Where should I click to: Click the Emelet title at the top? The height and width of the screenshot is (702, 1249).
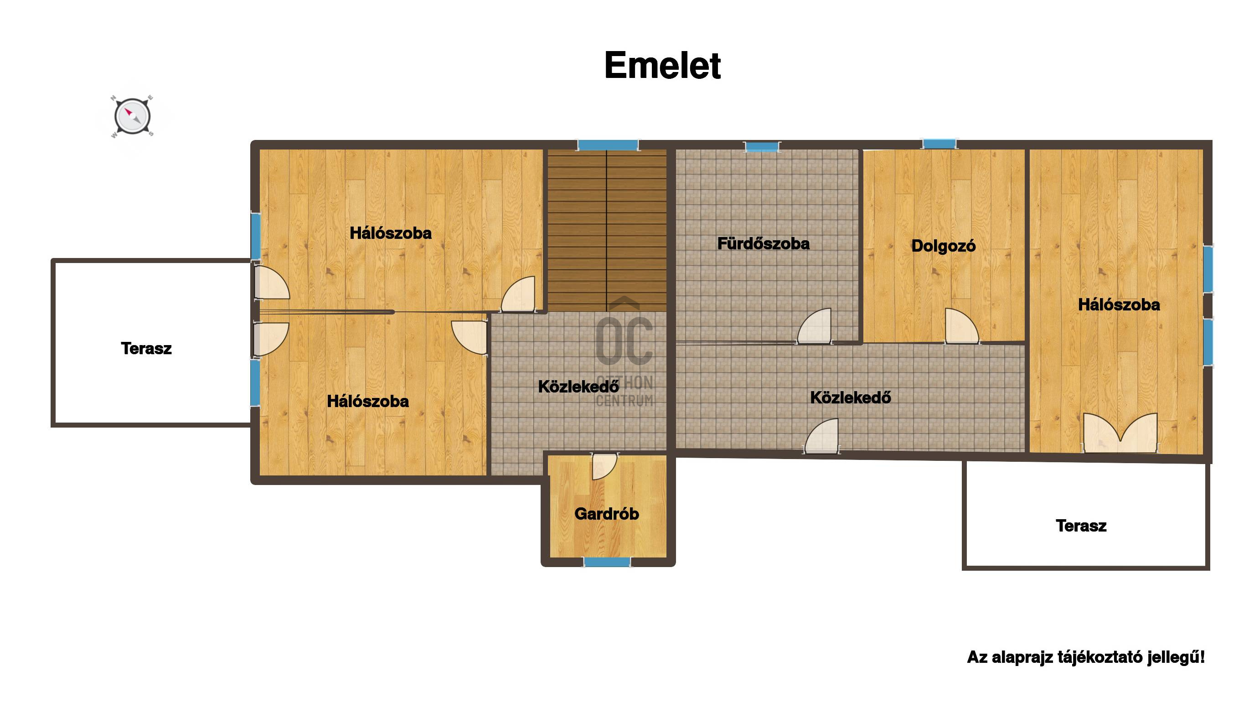662,66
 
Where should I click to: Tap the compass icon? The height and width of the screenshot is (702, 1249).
132,117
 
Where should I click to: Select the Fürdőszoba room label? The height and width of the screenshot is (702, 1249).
763,243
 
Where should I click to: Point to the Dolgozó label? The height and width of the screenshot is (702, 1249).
943,246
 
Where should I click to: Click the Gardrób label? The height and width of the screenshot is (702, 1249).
607,514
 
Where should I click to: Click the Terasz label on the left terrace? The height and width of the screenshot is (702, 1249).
146,348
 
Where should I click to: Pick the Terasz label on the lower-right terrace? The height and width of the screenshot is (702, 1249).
1081,526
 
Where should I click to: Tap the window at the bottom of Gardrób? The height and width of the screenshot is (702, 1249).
607,562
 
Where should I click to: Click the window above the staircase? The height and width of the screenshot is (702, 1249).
608,145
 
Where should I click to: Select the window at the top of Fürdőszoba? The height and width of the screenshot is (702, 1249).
763,146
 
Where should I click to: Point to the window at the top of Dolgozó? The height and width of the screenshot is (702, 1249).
939,144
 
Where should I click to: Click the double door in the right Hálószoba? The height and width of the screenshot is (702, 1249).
1120,433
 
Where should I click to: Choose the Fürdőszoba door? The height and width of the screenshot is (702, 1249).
815,326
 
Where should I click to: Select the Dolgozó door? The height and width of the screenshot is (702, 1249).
962,326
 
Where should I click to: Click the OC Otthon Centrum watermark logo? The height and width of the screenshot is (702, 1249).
624,351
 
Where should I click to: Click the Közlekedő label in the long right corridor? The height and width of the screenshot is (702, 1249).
851,397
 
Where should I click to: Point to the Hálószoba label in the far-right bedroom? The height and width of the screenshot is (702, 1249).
1119,305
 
